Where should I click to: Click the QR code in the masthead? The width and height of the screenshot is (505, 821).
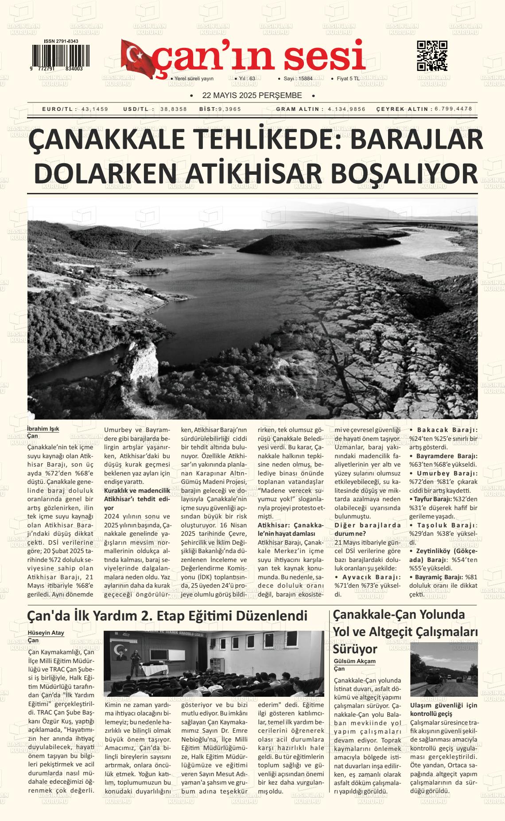click(x=432, y=56)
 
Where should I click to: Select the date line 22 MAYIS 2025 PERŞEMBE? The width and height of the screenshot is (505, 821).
click(x=252, y=95)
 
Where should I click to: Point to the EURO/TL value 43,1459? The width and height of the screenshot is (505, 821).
click(x=95, y=109)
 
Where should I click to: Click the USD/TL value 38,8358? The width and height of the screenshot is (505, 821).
click(x=174, y=109)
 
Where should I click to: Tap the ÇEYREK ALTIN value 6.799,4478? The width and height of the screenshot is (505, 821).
click(x=453, y=109)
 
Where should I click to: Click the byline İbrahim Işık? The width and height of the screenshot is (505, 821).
click(x=43, y=429)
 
